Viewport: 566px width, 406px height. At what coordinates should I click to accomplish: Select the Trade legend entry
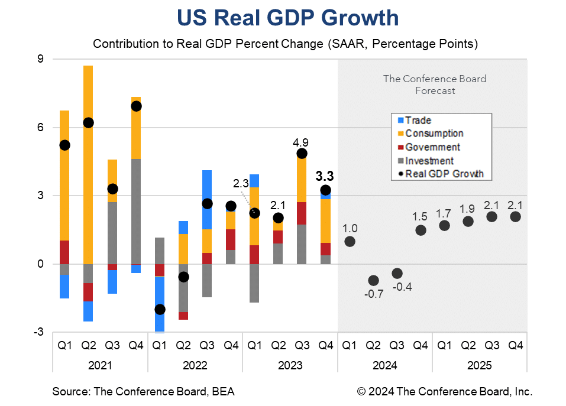point(418,121)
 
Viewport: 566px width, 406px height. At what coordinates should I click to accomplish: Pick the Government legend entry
point(432,147)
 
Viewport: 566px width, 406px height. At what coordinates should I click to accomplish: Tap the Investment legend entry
point(429,161)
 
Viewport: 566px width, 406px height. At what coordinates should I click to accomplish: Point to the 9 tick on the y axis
point(41,59)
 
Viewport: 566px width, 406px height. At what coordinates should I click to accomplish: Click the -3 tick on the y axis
point(38,332)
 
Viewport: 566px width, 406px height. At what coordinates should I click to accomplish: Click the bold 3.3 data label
point(325,176)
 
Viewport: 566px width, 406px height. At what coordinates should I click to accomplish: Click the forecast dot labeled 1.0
point(350,241)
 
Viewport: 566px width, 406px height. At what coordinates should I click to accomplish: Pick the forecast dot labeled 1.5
point(421,230)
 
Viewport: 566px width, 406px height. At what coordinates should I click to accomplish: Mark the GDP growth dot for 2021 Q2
point(88,123)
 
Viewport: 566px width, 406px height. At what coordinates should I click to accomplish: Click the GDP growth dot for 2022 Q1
point(159,309)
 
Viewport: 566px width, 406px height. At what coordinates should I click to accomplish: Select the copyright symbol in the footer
point(361,392)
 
